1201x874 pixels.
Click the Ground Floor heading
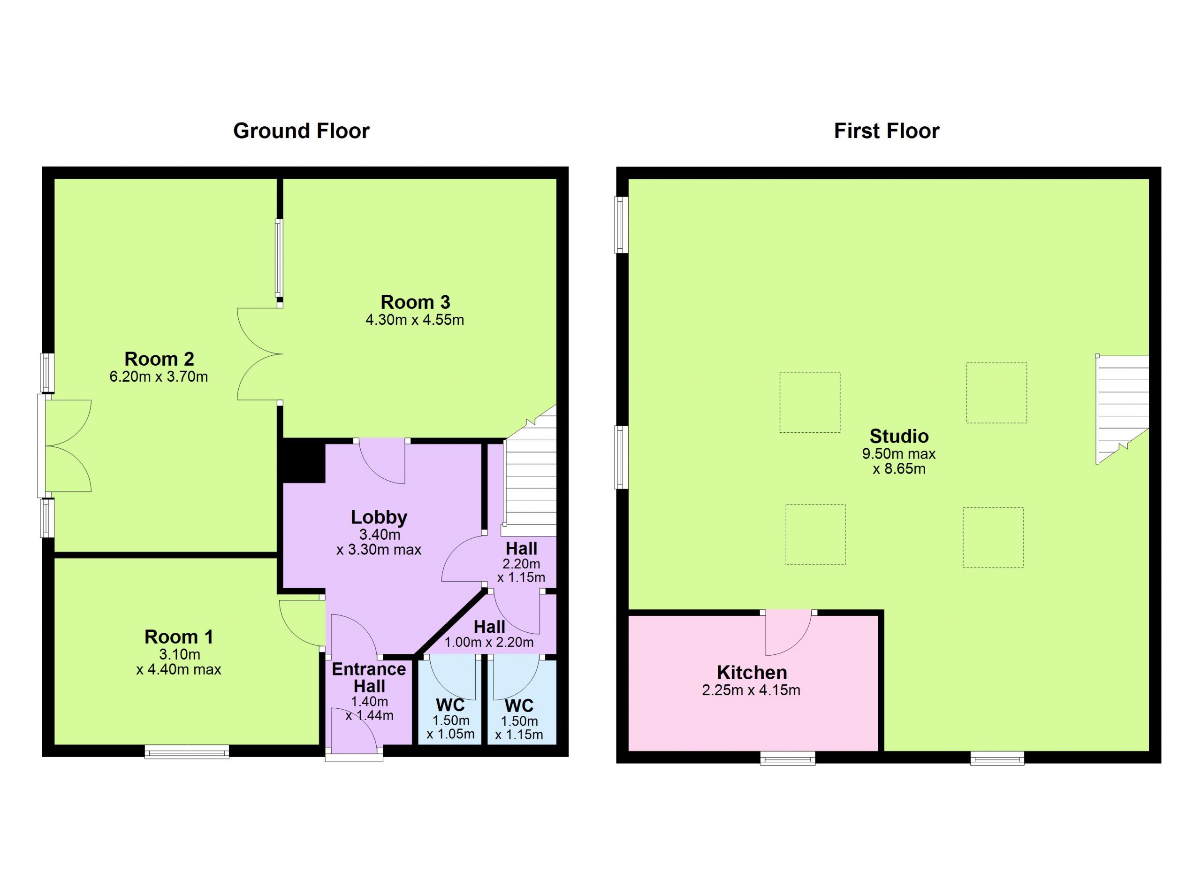click(x=301, y=131)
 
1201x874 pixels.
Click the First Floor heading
click(x=887, y=131)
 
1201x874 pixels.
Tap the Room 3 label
click(x=415, y=302)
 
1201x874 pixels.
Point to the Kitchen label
click(x=752, y=672)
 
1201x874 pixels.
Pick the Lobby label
click(x=379, y=517)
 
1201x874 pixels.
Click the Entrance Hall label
click(x=369, y=677)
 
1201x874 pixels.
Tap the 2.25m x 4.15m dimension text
click(x=751, y=690)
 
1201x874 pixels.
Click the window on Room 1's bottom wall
click(x=187, y=752)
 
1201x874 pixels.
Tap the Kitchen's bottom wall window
click(x=788, y=759)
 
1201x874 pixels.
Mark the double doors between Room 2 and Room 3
click(x=259, y=354)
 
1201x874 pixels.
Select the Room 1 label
click(x=179, y=636)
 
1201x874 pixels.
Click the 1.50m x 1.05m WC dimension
click(x=451, y=727)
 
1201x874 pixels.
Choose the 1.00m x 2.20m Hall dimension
click(x=489, y=643)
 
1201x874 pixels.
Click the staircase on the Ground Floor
click(x=530, y=471)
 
